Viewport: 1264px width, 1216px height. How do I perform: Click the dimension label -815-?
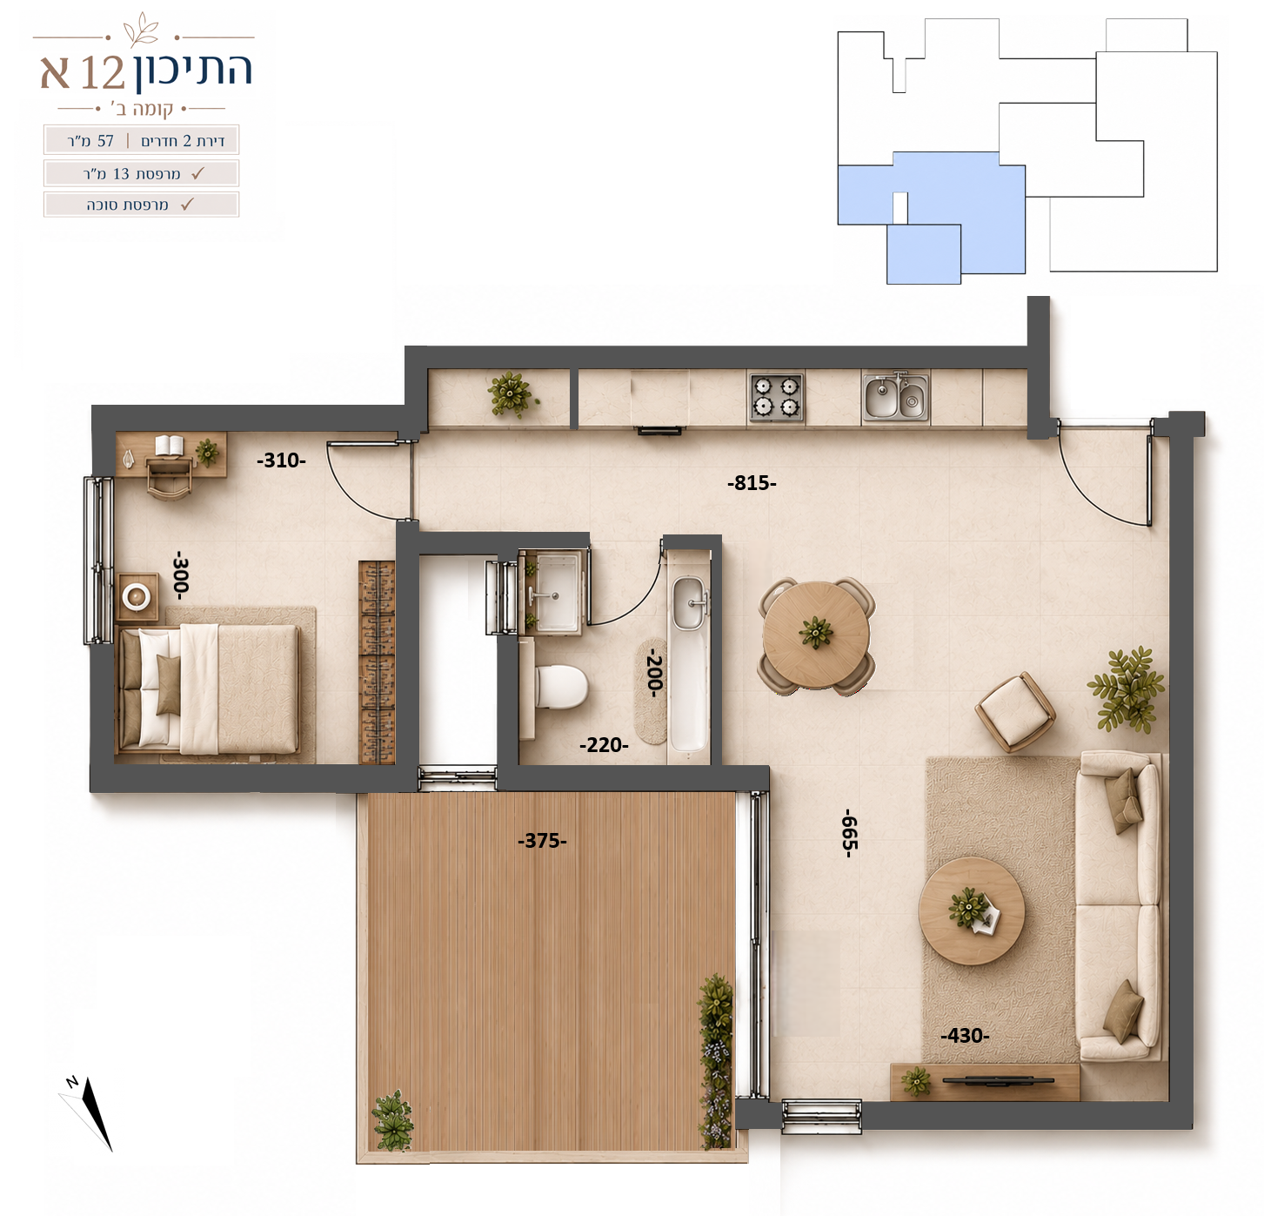752,483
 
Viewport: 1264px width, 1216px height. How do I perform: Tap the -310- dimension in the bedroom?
281,460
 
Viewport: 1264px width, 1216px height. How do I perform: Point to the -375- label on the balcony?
542,841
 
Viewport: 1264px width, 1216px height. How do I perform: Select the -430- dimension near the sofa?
965,1035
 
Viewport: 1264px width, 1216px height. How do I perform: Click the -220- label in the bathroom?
604,745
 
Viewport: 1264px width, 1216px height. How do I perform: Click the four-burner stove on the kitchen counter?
776,396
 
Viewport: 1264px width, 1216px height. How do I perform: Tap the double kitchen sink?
896,397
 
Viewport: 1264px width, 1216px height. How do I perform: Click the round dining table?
816,635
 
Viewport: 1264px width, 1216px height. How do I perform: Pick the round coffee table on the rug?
971,910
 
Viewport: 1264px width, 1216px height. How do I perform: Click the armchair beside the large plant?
1014,712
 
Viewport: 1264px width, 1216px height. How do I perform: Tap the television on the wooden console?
998,1081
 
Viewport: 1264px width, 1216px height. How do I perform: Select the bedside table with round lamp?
137,596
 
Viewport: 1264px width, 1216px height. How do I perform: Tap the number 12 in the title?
103,72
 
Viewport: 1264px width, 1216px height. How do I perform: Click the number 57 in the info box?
105,141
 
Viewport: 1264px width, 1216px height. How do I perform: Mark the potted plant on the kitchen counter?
512,394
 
